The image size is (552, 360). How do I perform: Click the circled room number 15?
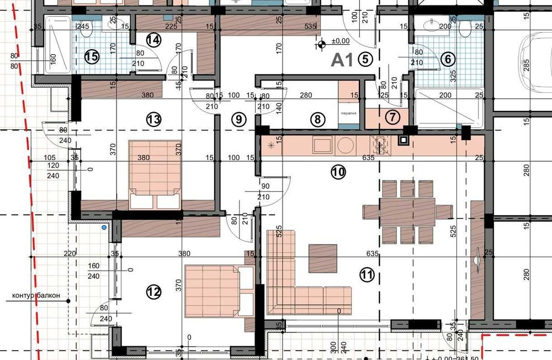[x=92, y=56]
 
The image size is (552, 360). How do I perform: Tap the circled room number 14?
[x=154, y=40]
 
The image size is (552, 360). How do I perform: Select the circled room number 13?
[x=154, y=118]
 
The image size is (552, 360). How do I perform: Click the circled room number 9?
[x=238, y=118]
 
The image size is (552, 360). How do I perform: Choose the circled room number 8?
[x=316, y=118]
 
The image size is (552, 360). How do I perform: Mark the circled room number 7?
[x=392, y=117]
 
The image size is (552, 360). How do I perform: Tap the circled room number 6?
[x=448, y=59]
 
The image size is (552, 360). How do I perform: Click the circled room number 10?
[x=338, y=172]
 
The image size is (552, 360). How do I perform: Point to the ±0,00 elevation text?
[x=340, y=41]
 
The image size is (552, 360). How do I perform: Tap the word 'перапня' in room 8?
[x=348, y=112]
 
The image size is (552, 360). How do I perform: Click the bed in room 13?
[x=155, y=174]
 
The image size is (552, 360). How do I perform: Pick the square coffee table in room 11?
[x=323, y=258]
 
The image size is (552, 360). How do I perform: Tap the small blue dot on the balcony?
[x=104, y=227]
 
